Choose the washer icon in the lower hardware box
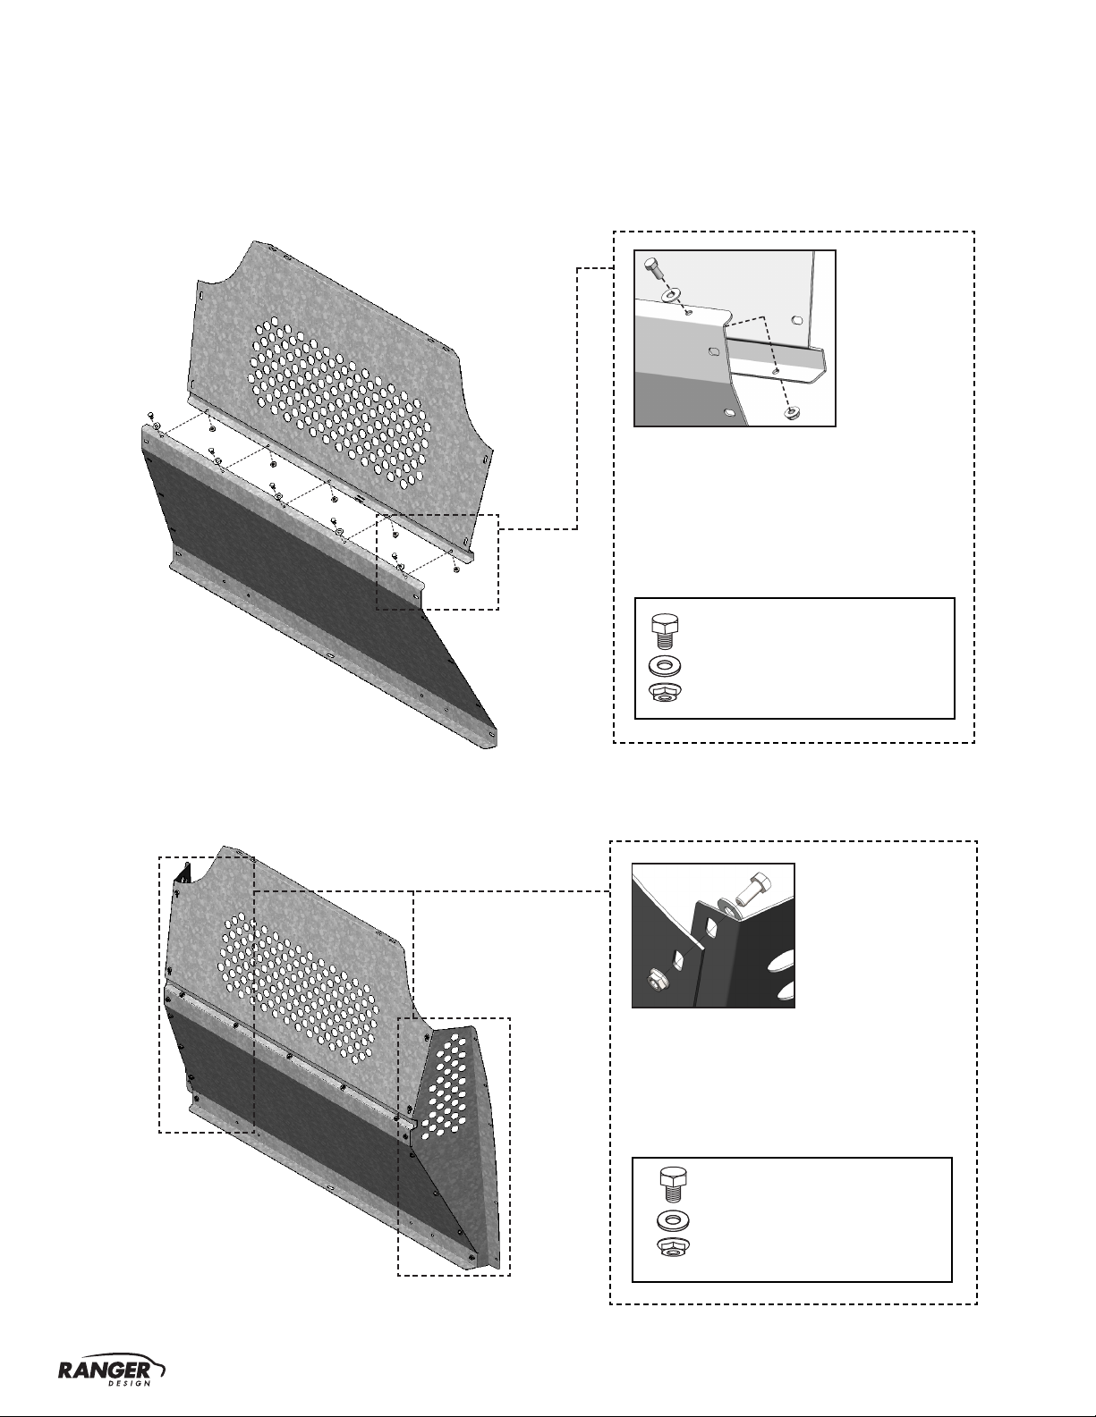[x=673, y=1220]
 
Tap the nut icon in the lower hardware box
[x=673, y=1248]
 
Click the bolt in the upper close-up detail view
[x=654, y=269]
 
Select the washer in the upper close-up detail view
[x=671, y=295]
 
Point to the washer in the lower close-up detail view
[x=726, y=905]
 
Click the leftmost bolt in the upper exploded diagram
[x=151, y=416]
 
